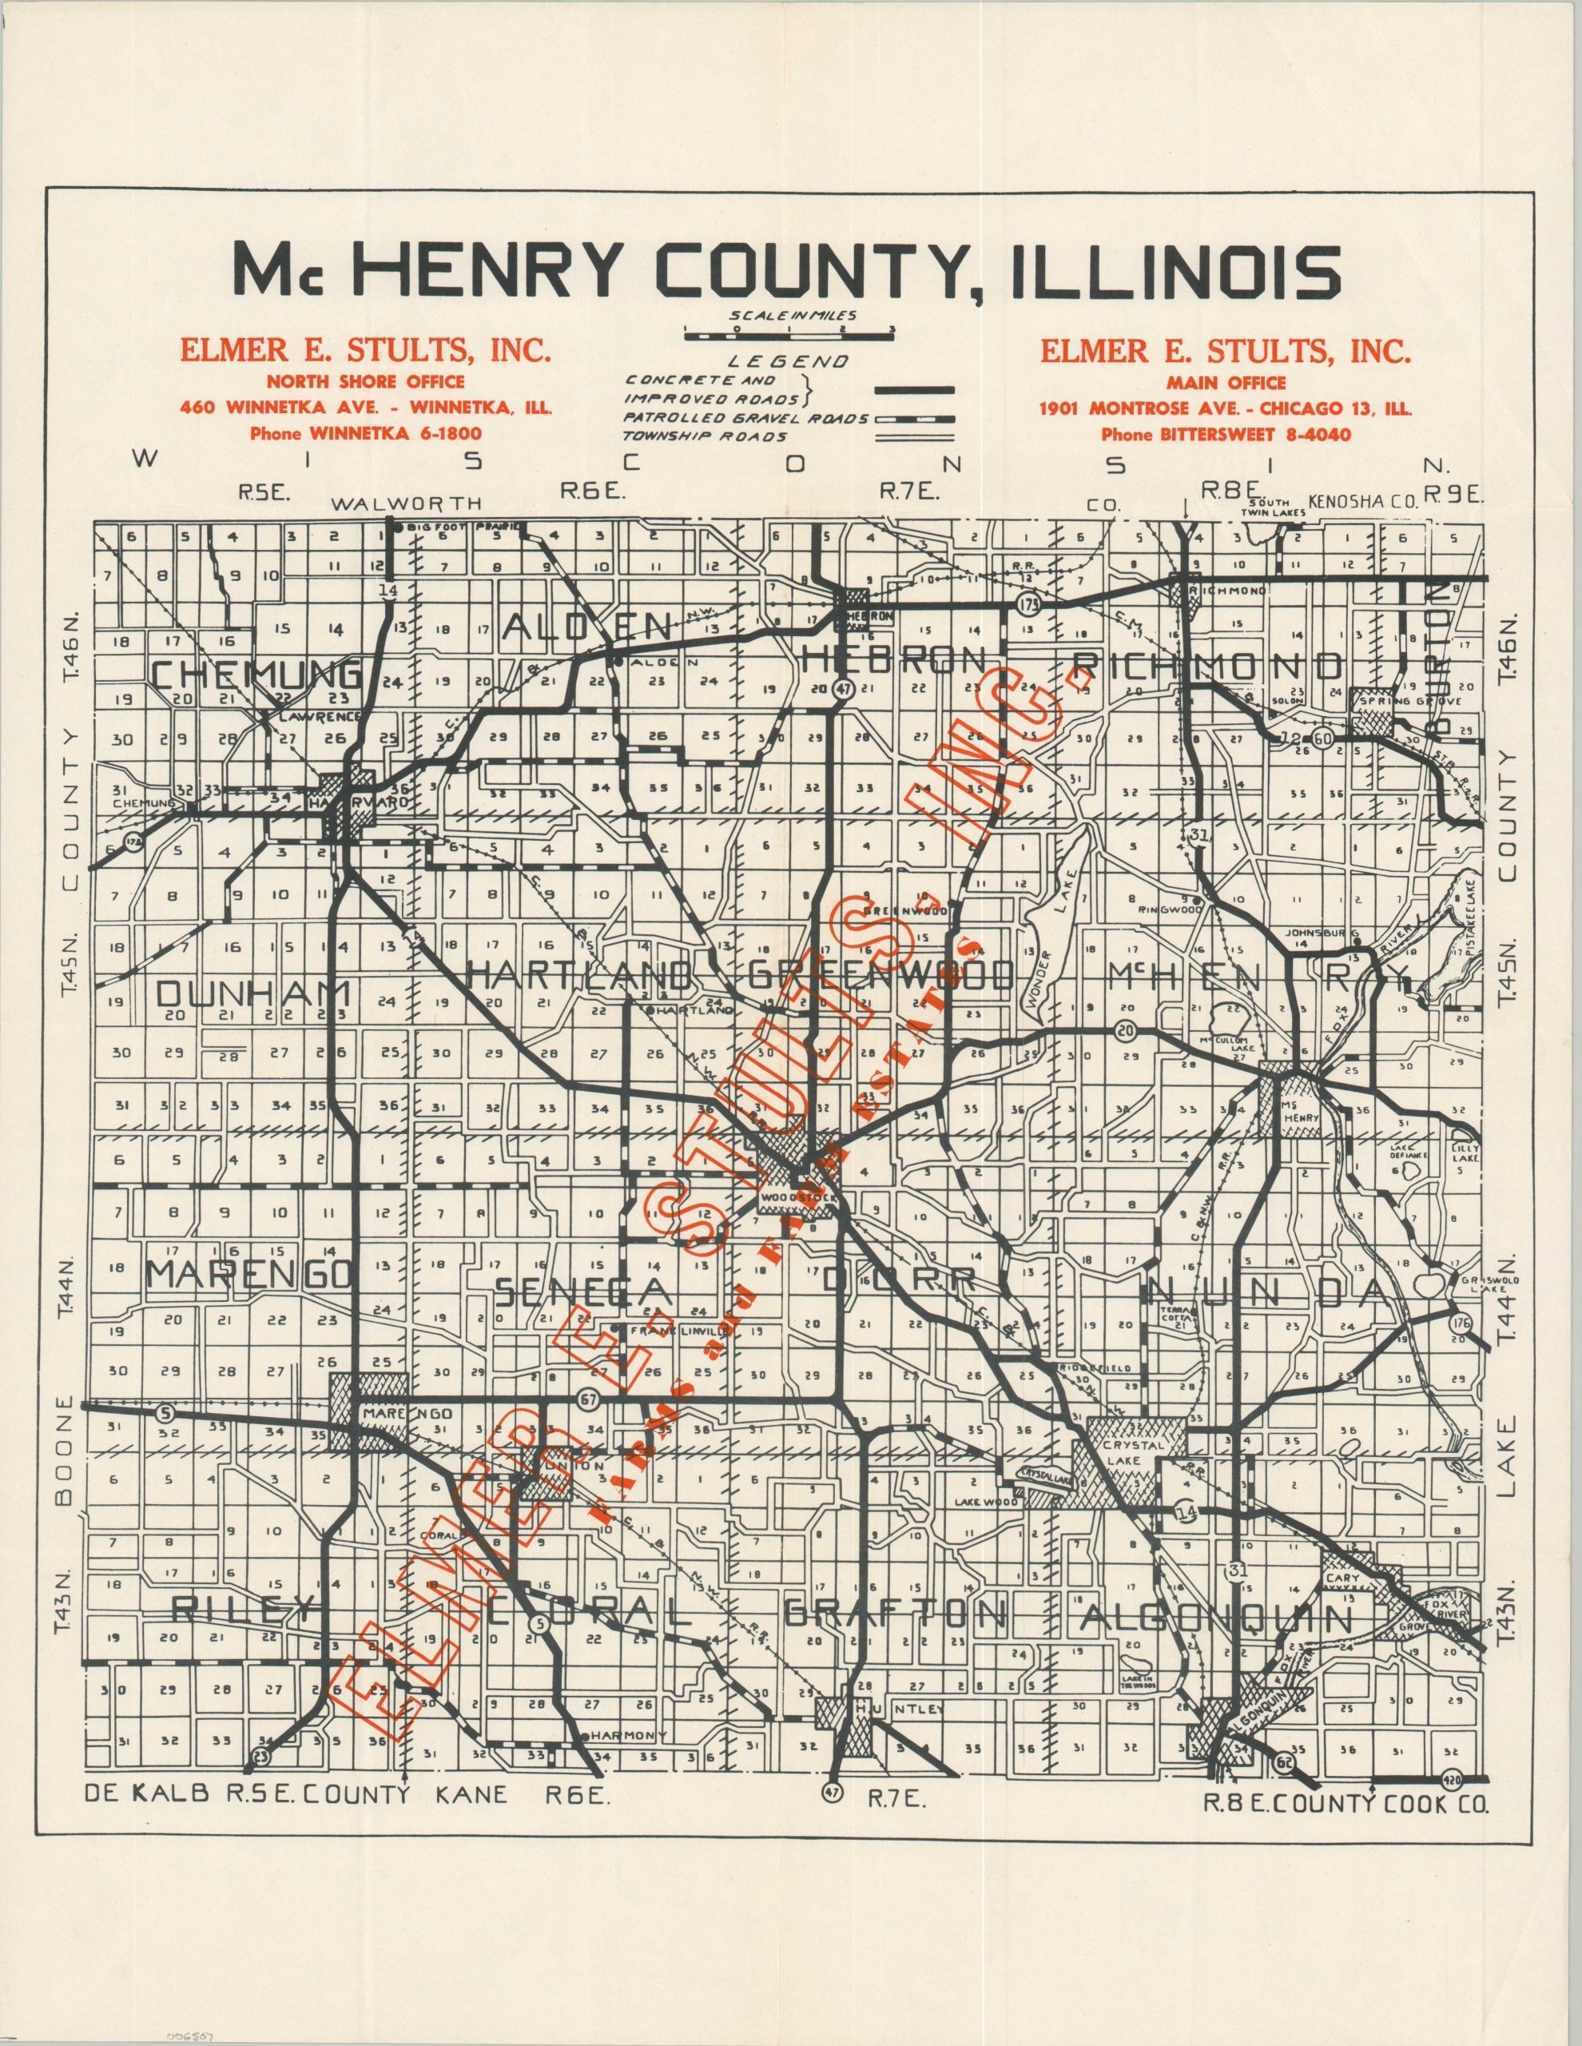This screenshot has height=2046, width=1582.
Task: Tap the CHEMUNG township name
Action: [256, 675]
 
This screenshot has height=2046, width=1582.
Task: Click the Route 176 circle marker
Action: [1459, 1324]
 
